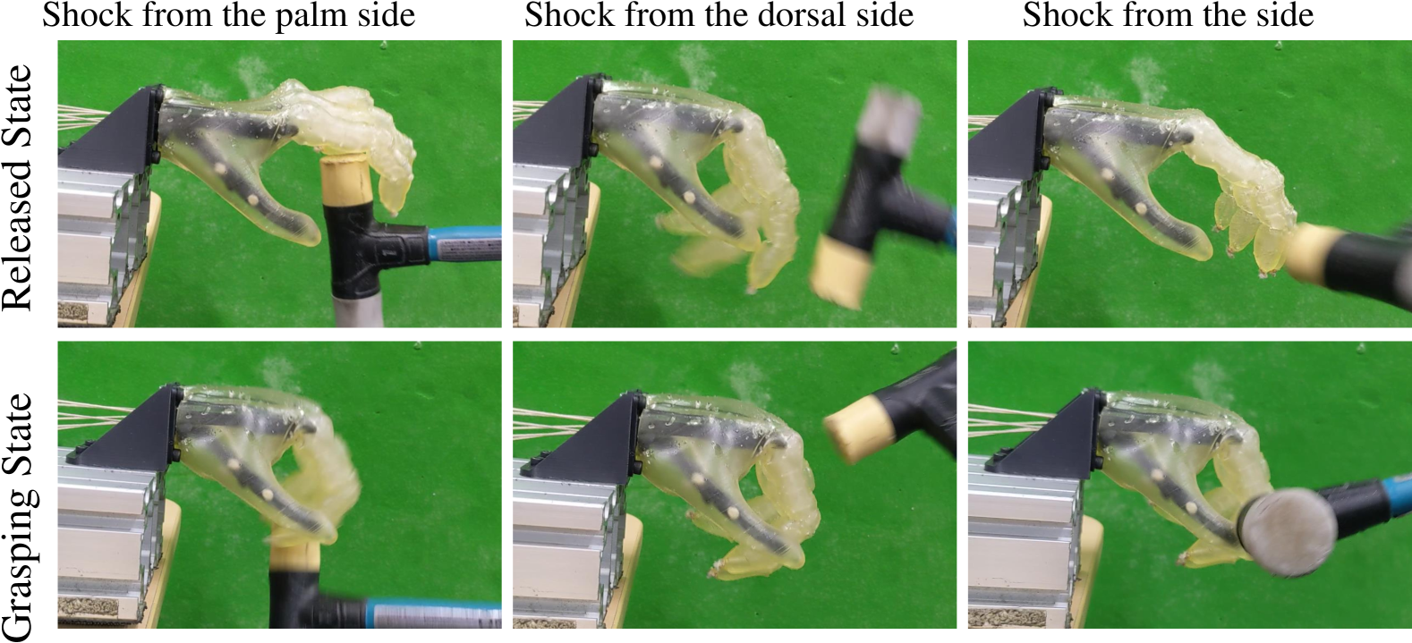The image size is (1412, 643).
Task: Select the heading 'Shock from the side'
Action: click(1168, 14)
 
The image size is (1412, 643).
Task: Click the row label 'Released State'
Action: click(17, 187)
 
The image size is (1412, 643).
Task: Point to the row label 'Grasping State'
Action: click(19, 516)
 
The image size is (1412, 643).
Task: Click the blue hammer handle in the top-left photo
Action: click(464, 244)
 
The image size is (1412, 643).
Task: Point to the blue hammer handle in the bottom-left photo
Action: click(434, 614)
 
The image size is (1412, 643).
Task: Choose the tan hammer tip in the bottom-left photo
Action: click(295, 558)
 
